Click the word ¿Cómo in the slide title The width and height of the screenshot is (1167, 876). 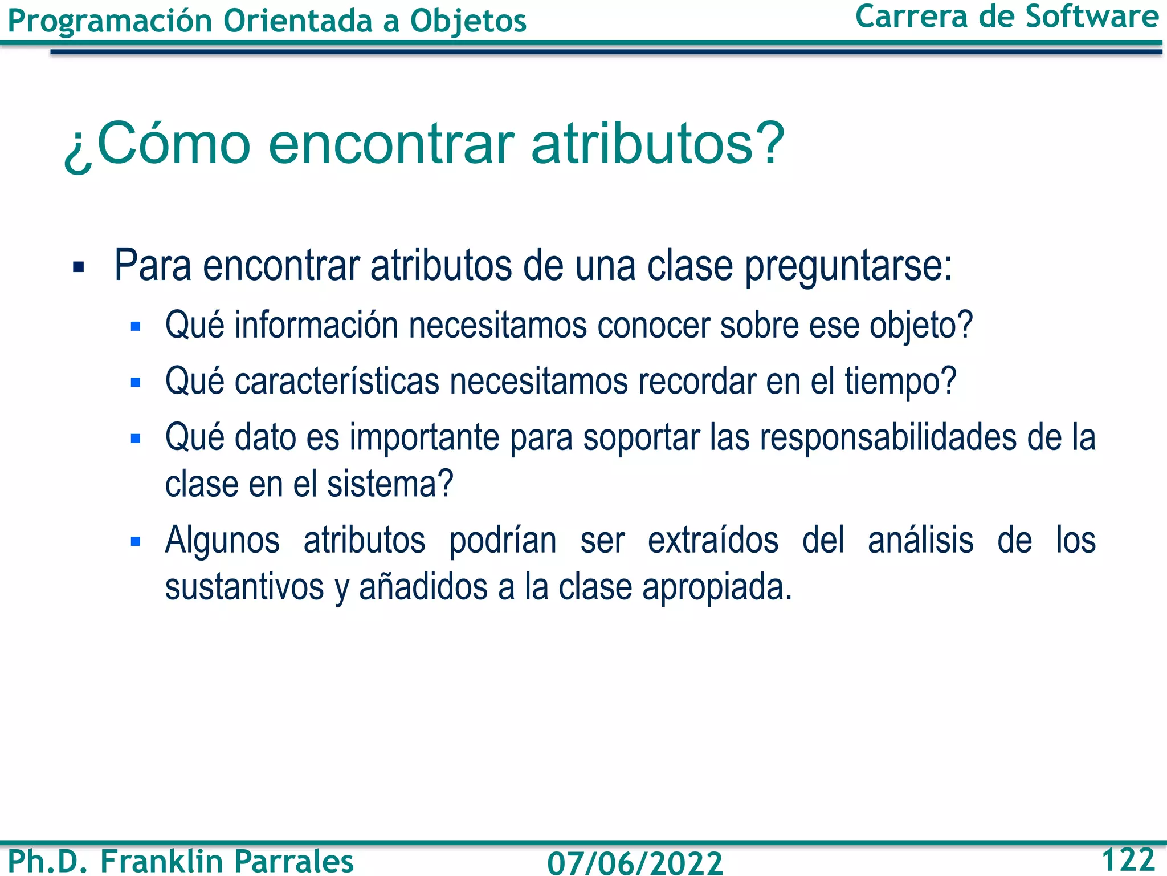click(x=157, y=144)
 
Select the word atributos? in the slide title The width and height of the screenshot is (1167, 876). click(x=658, y=144)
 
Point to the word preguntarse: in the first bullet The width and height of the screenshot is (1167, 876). click(x=848, y=266)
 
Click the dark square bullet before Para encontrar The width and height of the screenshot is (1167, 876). click(x=79, y=267)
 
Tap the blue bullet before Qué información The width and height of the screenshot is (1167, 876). click(x=136, y=327)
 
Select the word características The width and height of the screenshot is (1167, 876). click(x=337, y=381)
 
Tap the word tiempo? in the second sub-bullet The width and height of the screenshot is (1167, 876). click(x=900, y=382)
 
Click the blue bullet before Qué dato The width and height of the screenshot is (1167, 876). click(x=136, y=439)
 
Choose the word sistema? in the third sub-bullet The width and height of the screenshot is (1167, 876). click(x=390, y=484)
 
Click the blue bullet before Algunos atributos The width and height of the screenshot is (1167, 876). click(x=136, y=541)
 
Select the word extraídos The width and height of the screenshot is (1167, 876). click(x=713, y=540)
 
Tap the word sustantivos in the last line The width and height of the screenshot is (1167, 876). click(x=244, y=587)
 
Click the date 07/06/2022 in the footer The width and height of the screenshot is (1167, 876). click(x=635, y=862)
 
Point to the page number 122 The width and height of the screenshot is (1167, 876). click(x=1128, y=860)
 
